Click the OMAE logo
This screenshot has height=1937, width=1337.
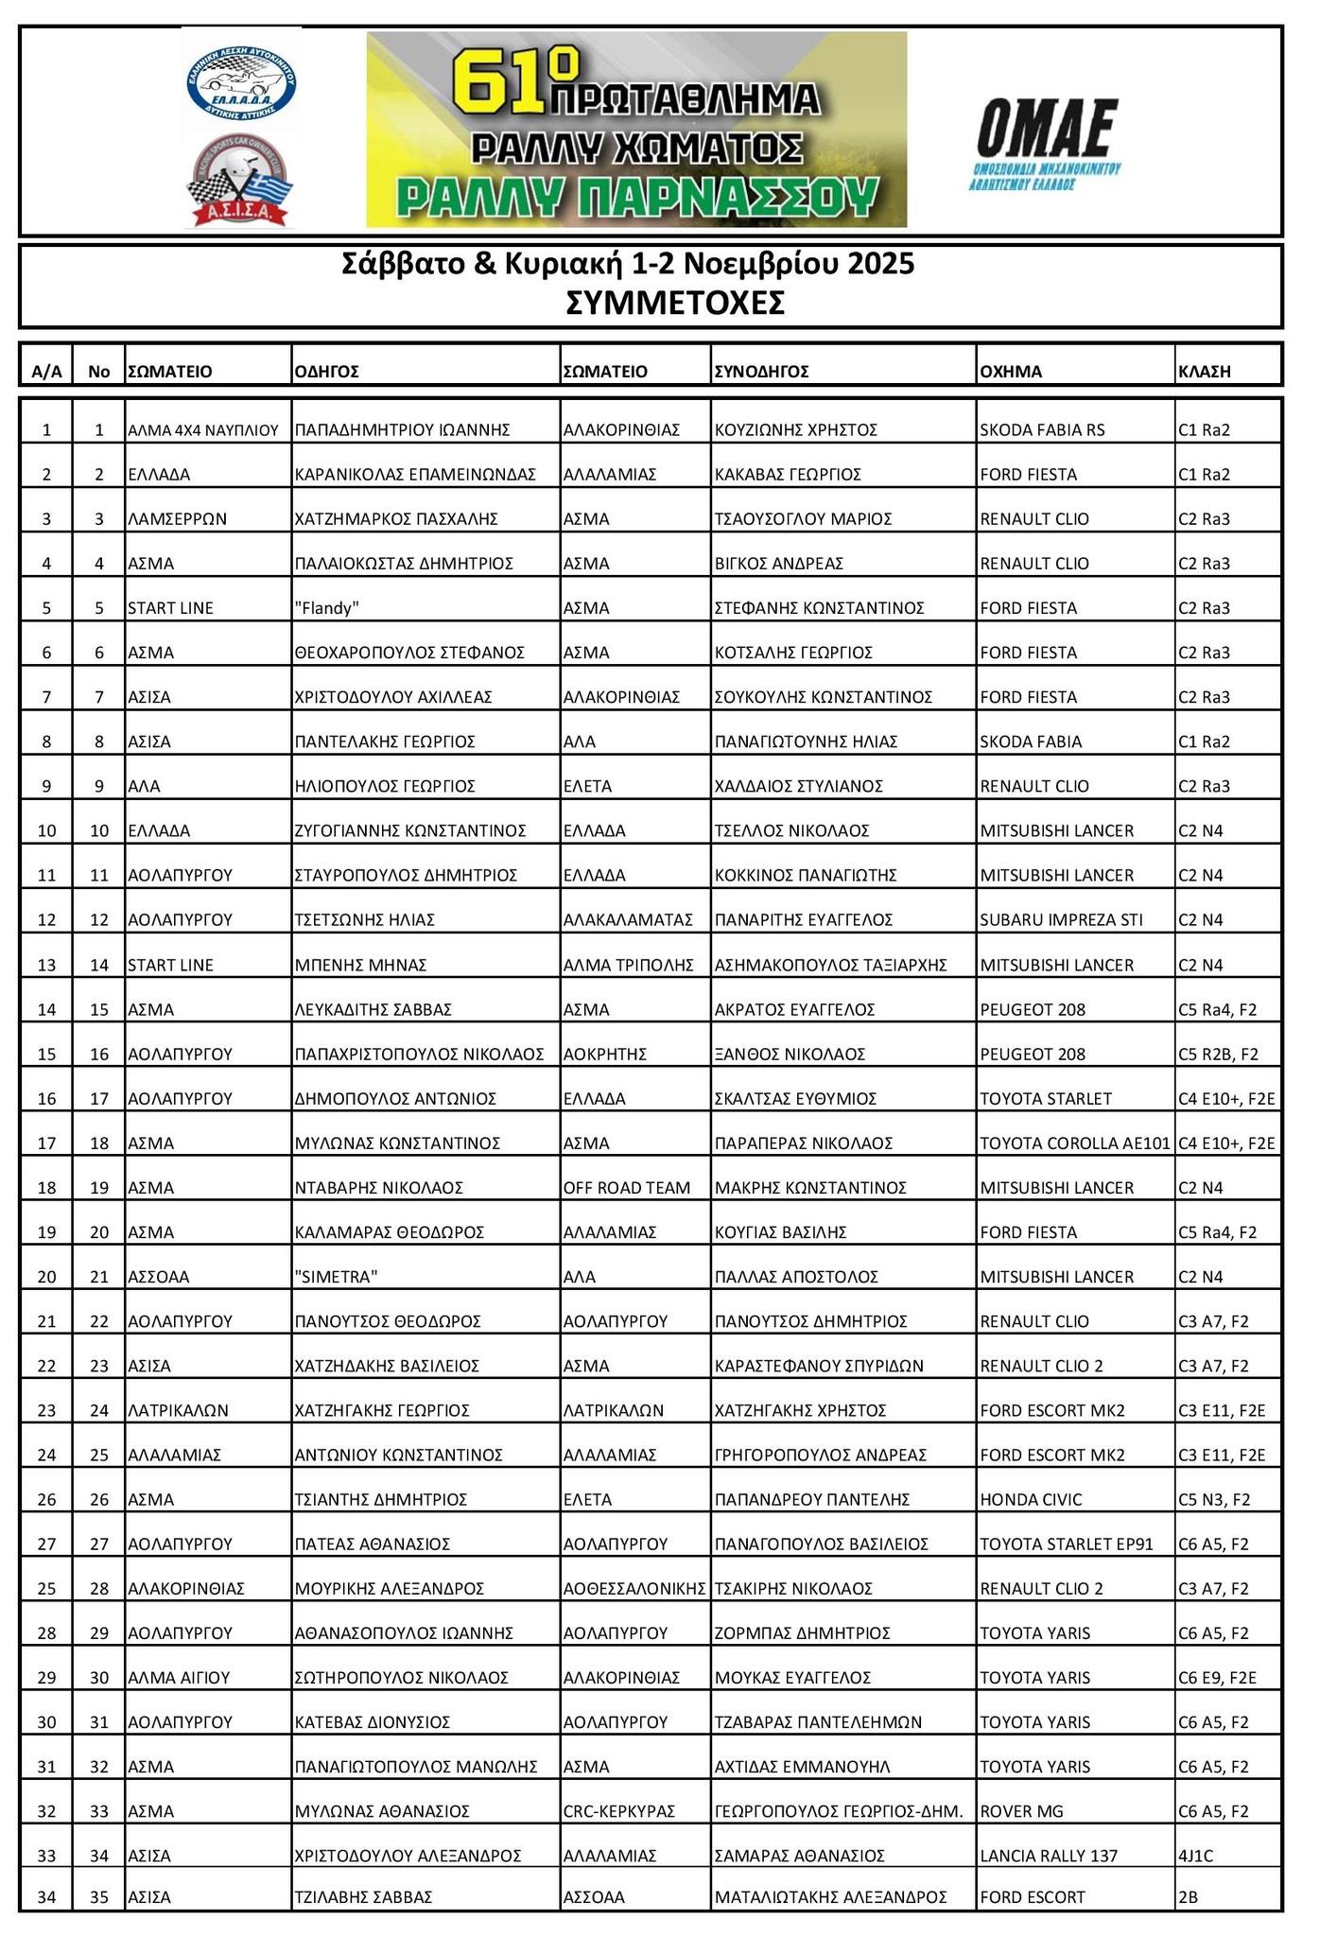(1046, 142)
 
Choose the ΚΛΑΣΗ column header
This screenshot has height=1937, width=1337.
(1204, 372)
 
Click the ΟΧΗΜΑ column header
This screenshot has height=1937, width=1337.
(1011, 372)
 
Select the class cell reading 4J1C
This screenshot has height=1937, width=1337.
(1195, 1856)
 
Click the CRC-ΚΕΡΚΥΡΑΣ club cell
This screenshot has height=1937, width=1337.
(618, 1811)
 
